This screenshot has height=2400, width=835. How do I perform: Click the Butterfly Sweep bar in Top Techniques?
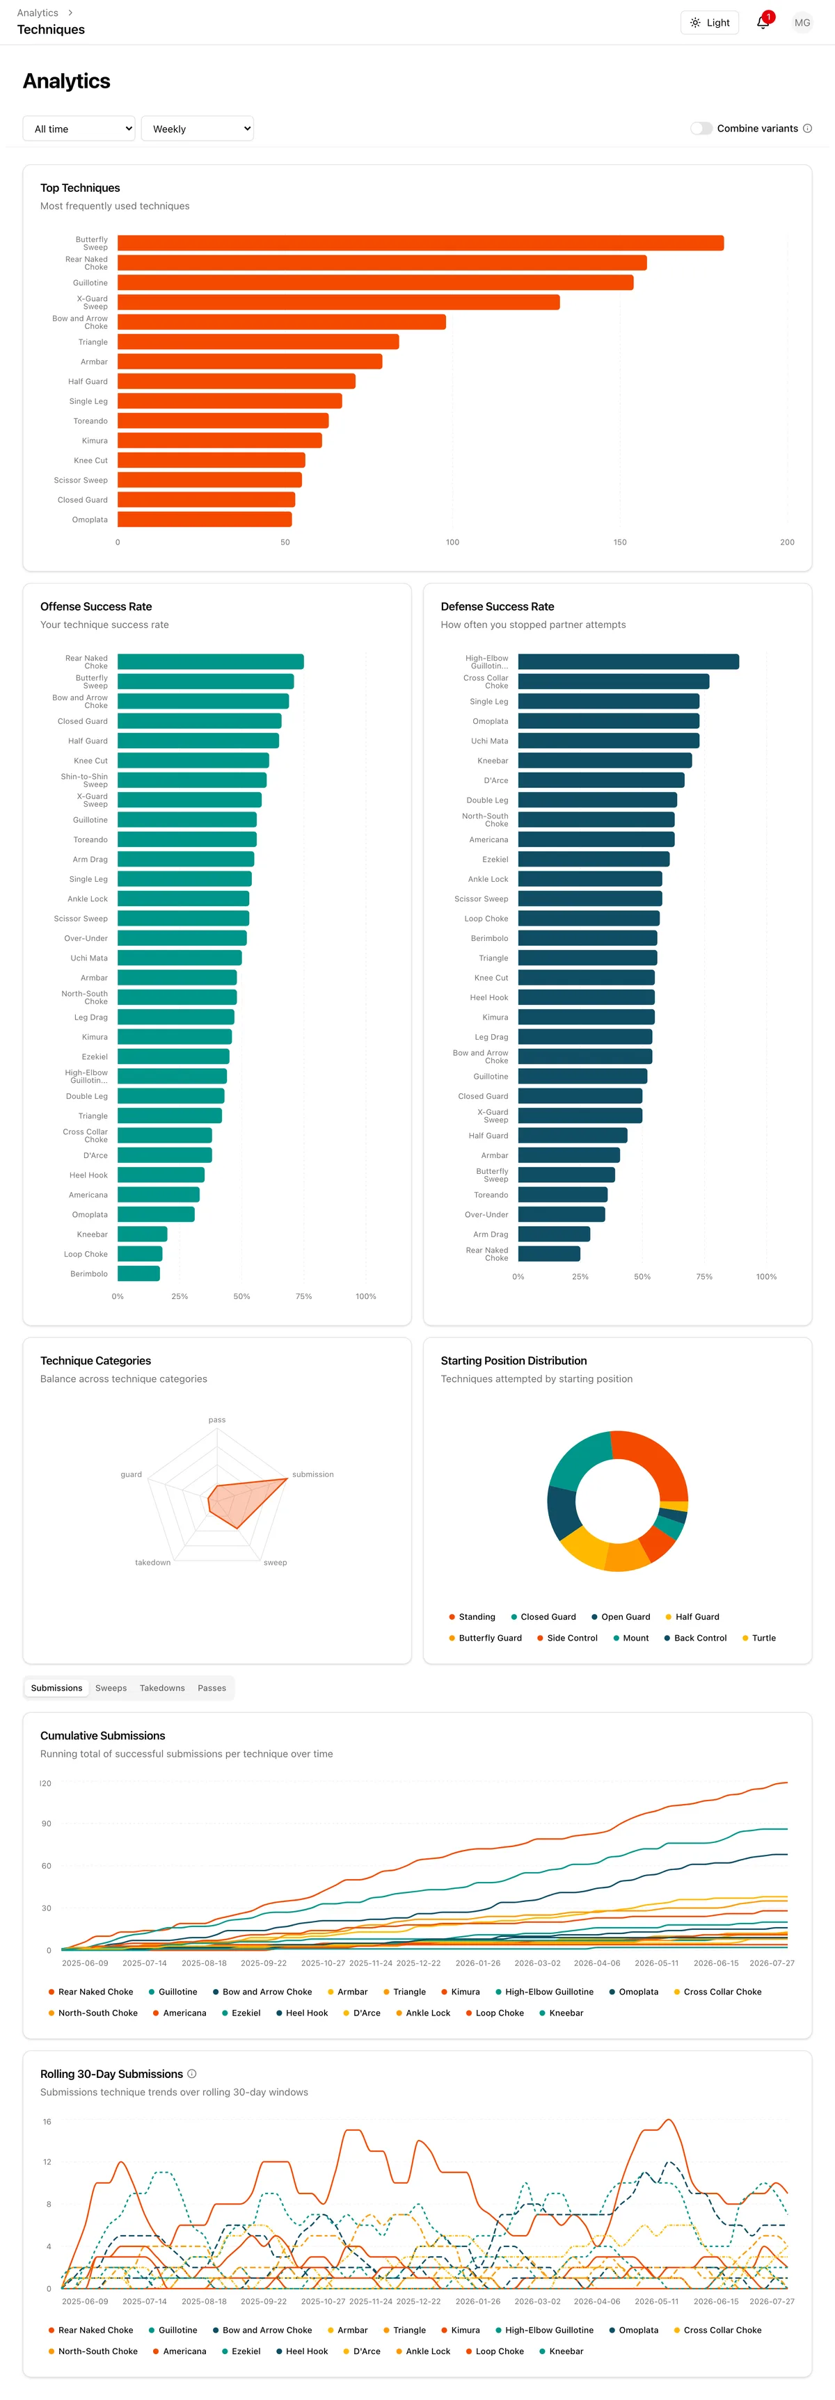420,243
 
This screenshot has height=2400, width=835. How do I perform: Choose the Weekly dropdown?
197,129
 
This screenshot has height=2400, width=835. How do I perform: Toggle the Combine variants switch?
701,129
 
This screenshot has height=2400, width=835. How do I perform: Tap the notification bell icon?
763,22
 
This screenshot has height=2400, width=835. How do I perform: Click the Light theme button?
710,22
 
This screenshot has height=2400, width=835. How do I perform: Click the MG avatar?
802,22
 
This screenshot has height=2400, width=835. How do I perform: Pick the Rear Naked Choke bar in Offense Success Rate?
211,661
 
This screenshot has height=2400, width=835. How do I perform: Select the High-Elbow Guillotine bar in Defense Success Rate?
628,661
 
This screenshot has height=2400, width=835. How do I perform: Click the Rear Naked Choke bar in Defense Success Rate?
549,1254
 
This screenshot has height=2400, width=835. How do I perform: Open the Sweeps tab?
111,1688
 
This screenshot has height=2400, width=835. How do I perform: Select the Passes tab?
212,1688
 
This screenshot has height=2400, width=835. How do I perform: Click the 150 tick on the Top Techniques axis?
620,542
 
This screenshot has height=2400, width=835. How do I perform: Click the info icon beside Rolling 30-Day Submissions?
192,2074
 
